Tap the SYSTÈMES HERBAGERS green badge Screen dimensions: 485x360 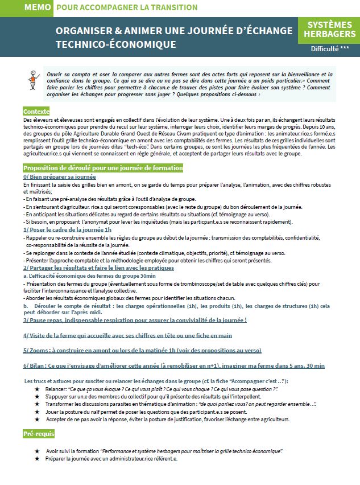[x=329, y=29]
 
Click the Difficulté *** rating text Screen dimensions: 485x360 [x=330, y=49]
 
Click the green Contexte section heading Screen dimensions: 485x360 [x=36, y=112]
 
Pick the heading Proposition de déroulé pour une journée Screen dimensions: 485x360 [x=103, y=168]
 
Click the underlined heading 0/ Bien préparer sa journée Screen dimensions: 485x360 [x=60, y=177]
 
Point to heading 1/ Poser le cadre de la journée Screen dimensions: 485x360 [x=67, y=229]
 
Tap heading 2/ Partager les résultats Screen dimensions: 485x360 [x=98, y=267]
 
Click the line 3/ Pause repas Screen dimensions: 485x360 [x=135, y=320]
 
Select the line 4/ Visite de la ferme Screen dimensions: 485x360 [x=127, y=335]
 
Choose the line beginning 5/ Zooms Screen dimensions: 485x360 [x=142, y=350]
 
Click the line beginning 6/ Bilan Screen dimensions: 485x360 [x=173, y=365]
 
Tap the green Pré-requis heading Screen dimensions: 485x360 [x=39, y=434]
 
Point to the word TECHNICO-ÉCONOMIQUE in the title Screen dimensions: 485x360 [x=115, y=44]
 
